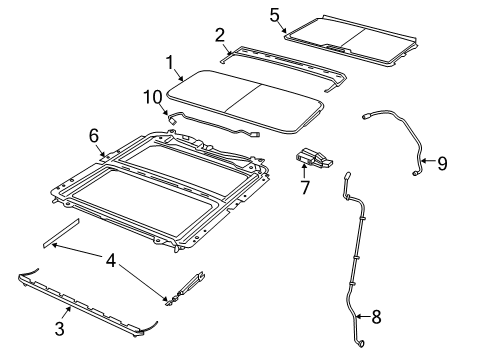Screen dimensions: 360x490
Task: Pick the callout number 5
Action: pos(274,15)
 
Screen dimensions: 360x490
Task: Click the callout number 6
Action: pos(95,135)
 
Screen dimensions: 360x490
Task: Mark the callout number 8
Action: pos(376,317)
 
